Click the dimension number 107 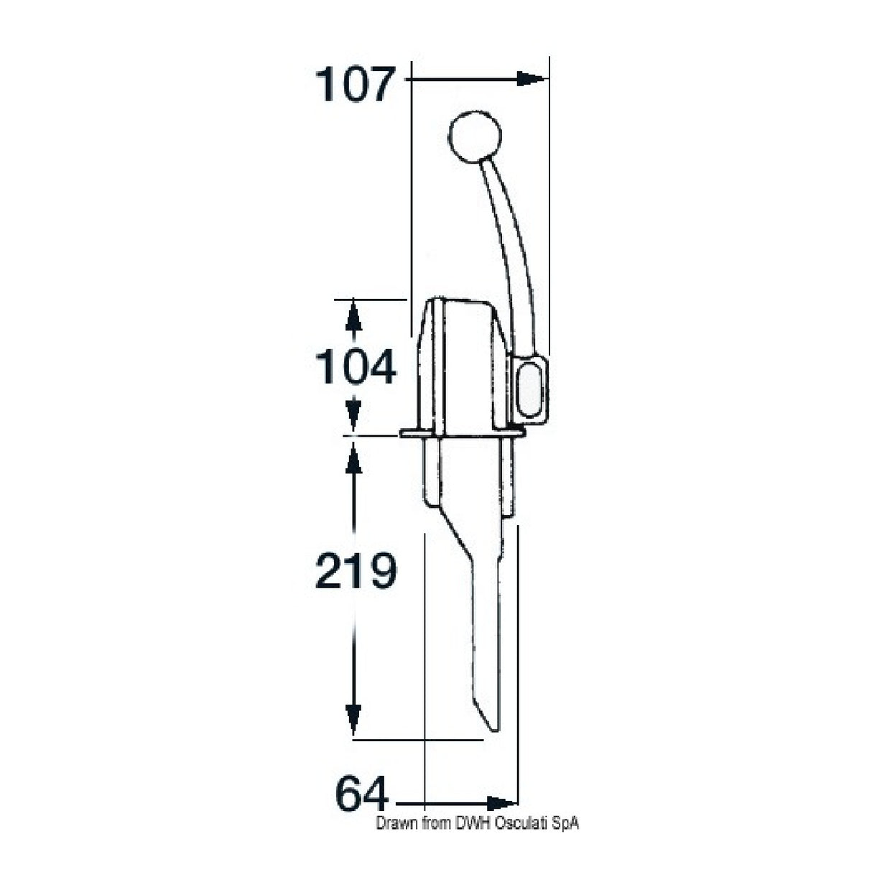(356, 85)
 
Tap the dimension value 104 (356, 367)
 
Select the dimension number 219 (356, 571)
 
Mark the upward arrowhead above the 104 (352, 314)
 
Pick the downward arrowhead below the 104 (352, 417)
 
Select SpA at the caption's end (567, 824)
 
